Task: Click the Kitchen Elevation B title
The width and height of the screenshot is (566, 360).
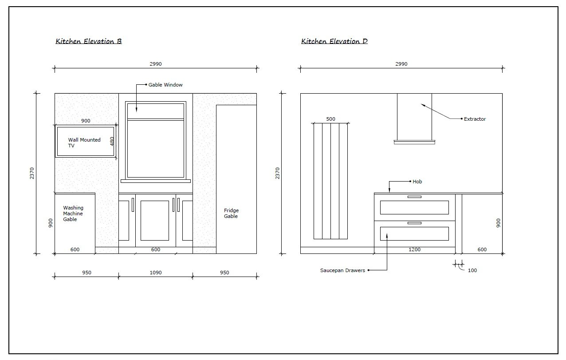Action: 88,41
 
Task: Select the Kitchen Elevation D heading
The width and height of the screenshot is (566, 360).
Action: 334,41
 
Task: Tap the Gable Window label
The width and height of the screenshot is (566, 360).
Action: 165,85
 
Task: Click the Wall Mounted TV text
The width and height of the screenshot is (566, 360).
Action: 84,142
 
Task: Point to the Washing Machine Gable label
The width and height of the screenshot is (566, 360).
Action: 73,214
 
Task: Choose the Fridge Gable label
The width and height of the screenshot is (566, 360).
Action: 231,213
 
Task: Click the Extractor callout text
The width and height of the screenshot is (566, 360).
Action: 475,119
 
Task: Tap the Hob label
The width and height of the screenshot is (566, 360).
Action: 417,182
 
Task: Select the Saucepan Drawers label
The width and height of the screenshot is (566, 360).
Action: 342,270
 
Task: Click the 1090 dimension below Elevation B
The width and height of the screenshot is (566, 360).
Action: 156,273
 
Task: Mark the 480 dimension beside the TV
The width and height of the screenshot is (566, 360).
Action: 112,141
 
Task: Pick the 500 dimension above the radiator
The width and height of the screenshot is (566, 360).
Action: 331,119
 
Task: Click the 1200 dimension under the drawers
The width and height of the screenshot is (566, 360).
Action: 415,249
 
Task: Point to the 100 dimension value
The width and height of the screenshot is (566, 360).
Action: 472,270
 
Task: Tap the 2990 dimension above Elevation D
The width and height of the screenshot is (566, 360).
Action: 401,64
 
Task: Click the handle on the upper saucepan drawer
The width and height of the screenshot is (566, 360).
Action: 414,197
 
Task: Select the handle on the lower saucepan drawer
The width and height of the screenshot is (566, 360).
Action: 414,223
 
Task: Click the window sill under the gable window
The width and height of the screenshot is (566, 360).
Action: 156,181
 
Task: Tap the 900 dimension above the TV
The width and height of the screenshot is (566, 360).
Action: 86,121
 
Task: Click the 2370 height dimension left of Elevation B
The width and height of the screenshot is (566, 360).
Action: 32,174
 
